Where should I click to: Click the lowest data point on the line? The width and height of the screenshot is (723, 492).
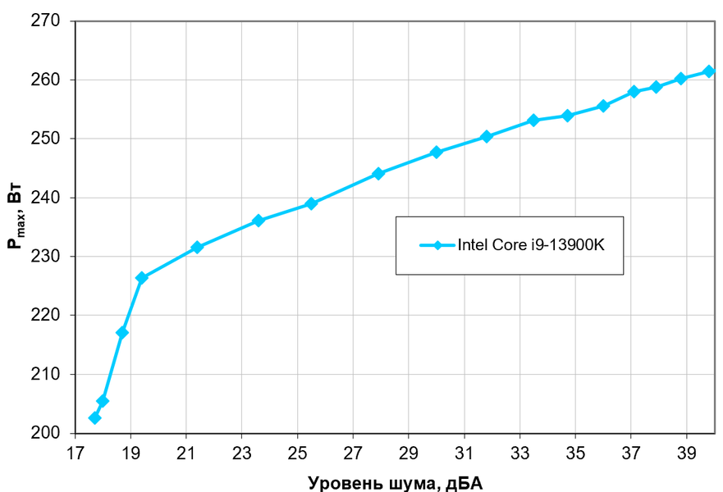click(95, 417)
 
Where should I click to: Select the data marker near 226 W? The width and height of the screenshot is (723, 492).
click(142, 278)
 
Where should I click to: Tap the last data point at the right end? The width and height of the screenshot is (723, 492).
click(709, 71)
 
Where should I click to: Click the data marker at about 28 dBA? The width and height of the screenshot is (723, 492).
click(378, 174)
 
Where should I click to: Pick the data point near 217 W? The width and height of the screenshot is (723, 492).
click(122, 332)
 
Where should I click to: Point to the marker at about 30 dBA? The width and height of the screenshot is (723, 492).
click(436, 153)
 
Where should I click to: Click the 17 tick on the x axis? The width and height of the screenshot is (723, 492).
click(75, 453)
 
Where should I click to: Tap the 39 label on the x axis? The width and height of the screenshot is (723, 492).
click(687, 453)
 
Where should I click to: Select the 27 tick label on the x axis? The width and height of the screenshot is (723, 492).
click(353, 453)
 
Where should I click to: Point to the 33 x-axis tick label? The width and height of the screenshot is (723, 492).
click(519, 453)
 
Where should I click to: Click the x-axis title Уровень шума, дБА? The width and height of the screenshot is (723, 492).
click(395, 481)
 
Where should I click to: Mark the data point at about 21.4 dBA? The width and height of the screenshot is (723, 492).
click(197, 247)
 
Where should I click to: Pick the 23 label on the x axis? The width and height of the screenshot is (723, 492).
click(241, 453)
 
